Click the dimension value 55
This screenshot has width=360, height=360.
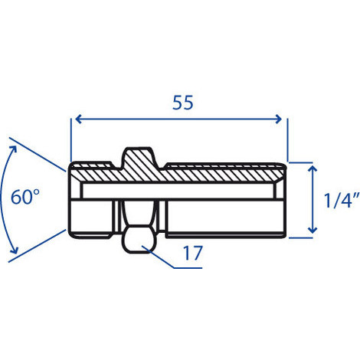click(183, 103)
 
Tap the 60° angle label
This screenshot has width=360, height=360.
click(25, 197)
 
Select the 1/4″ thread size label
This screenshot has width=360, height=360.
click(342, 200)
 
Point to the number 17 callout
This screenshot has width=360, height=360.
click(193, 253)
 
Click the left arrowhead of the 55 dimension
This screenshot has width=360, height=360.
click(79, 119)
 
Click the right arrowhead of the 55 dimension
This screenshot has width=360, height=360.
click(279, 119)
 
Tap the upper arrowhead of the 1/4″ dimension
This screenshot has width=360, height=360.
click(313, 169)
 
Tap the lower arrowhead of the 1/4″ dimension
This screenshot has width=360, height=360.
click(313, 230)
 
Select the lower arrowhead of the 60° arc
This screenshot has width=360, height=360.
click(14, 250)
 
